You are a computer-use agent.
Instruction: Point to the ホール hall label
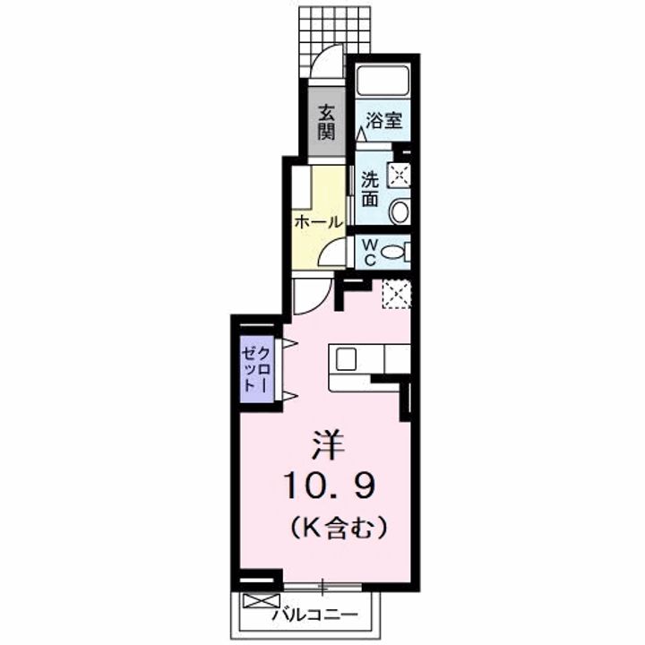[317, 220]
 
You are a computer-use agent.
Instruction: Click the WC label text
[367, 251]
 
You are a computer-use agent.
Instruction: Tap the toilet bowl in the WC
[393, 253]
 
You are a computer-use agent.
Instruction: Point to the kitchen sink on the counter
[347, 357]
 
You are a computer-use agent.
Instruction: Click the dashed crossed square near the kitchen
[395, 294]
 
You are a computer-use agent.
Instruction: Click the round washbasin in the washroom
[400, 211]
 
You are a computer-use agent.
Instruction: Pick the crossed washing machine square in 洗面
[400, 173]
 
